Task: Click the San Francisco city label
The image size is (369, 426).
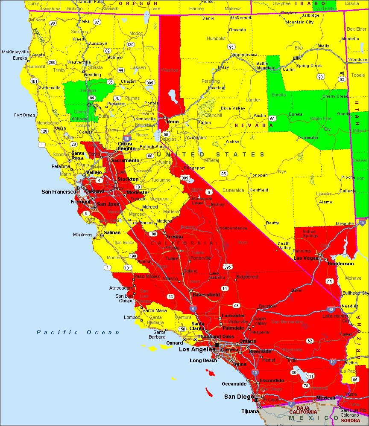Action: pos(59,192)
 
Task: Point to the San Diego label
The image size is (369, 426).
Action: pos(239,397)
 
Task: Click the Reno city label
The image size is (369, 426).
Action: pos(173,122)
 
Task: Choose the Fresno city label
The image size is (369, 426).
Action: pos(175,237)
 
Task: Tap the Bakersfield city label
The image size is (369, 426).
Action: pos(206,295)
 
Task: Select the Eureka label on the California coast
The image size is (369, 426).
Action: pos(20,58)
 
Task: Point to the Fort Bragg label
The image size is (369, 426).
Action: pos(24,115)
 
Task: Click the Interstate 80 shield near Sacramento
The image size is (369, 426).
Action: pos(127,139)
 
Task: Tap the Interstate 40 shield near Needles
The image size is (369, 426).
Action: pos(331,309)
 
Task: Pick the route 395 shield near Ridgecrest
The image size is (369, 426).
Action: pos(228,267)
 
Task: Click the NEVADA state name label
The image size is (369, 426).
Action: pos(253,125)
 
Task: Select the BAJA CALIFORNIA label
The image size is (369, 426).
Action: pos(303,409)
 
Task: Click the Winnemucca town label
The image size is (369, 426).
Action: pos(245,55)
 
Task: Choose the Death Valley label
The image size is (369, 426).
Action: pos(284,246)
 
